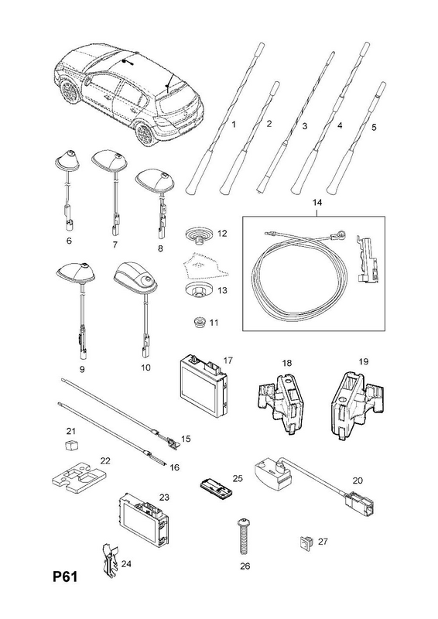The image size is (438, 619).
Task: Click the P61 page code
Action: click(x=66, y=576)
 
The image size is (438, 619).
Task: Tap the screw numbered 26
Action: click(x=241, y=537)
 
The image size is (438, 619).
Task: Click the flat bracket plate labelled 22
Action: click(x=81, y=477)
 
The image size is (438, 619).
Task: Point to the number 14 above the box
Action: click(x=317, y=203)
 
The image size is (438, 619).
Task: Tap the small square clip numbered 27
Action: click(x=306, y=542)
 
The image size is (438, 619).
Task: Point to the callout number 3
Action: click(x=304, y=126)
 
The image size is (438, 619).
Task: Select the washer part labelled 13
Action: click(x=199, y=289)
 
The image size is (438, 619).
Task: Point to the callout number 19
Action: click(x=364, y=361)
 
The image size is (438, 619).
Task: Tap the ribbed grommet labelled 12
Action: click(x=200, y=234)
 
